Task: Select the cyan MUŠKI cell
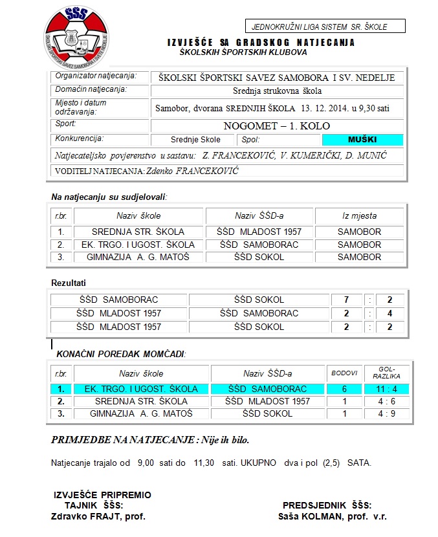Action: [x=362, y=139]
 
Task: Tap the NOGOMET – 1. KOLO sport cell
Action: [x=277, y=126]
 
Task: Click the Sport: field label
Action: [x=66, y=123]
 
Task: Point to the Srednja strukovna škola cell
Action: [x=277, y=91]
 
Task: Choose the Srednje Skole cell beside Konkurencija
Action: [x=195, y=140]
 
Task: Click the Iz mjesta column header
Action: [x=359, y=215]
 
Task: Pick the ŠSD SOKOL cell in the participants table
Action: [x=259, y=257]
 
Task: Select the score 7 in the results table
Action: [x=347, y=300]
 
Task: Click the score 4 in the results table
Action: [x=389, y=313]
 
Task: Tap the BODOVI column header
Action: [x=344, y=373]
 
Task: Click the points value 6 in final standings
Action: [x=344, y=389]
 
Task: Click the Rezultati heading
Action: [x=69, y=283]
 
